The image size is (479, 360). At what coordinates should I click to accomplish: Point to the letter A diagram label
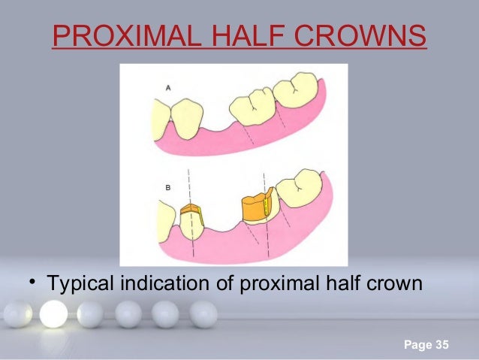tap(167, 88)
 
